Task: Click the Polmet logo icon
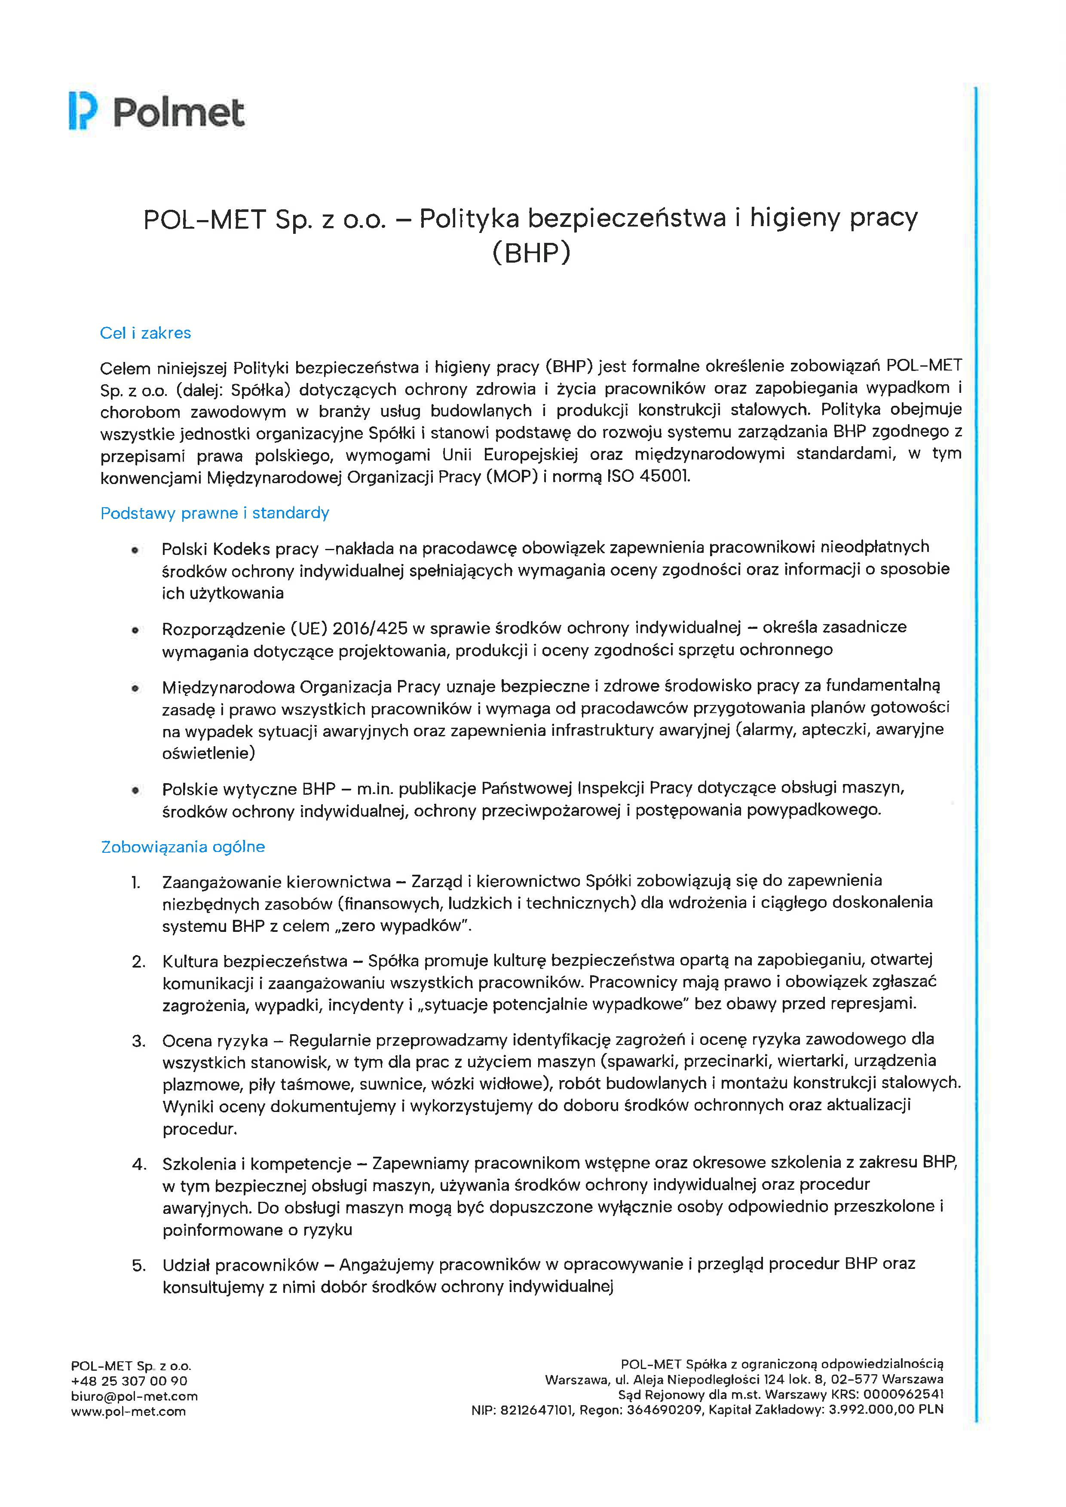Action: click(x=83, y=111)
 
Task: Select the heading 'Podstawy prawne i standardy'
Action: click(x=214, y=513)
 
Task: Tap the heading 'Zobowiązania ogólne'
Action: click(x=183, y=847)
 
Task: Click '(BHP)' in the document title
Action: click(x=531, y=253)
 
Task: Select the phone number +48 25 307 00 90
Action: click(x=129, y=1381)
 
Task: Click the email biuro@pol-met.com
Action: click(x=135, y=1396)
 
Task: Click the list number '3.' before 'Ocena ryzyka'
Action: click(x=138, y=1041)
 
